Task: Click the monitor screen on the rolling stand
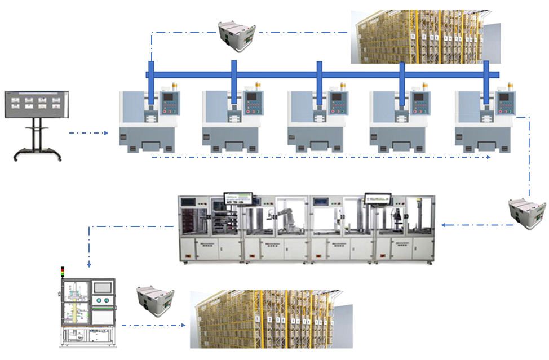tap(37, 104)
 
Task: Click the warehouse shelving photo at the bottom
tap(271, 319)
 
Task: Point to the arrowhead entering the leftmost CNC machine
tap(106, 133)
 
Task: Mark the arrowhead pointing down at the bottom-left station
tap(88, 265)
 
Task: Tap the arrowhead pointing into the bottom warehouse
tap(184, 325)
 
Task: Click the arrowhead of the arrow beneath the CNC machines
tap(489, 157)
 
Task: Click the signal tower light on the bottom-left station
tap(63, 272)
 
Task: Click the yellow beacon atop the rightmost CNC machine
tap(511, 85)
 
